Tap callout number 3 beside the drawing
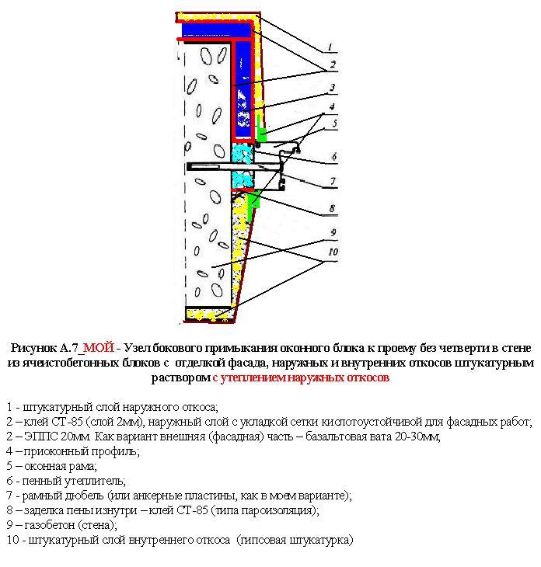tap(332, 88)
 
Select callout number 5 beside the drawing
tap(333, 123)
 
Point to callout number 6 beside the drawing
tap(333, 156)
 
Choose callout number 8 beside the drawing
tap(332, 208)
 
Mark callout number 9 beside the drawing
tap(332, 232)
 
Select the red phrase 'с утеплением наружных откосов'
tap(300, 378)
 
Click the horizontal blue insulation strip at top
tap(215, 29)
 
